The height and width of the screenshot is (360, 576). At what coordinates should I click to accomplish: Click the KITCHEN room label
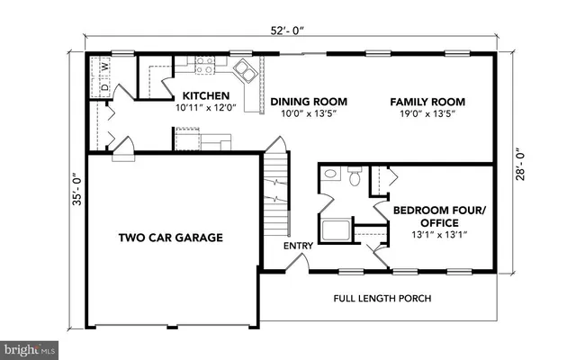[205, 95]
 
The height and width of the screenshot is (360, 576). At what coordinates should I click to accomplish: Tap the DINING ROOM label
[309, 102]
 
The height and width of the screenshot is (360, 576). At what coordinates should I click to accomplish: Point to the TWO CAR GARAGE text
[171, 238]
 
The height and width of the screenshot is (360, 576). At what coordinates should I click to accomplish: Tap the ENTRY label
[298, 246]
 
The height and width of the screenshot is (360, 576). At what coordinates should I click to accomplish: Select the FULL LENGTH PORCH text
[382, 298]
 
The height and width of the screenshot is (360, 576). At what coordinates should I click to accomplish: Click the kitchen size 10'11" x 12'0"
[205, 108]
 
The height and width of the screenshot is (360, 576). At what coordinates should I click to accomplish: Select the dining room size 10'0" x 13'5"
[309, 114]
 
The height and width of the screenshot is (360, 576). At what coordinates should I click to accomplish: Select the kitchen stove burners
[205, 65]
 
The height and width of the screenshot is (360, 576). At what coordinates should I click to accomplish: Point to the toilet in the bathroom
[355, 178]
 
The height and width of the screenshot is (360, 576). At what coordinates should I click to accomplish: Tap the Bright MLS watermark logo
[30, 347]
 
